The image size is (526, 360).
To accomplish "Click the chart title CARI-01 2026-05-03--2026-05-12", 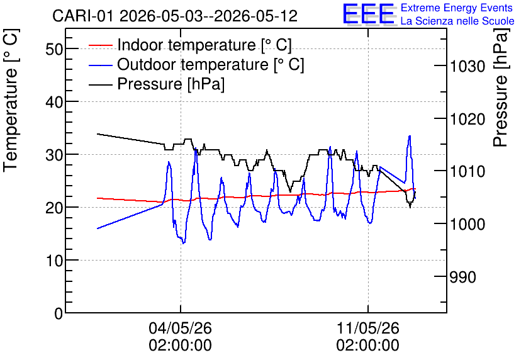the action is tap(175, 16).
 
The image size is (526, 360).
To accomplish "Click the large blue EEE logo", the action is tap(369, 14).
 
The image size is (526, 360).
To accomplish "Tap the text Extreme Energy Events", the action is tap(457, 8).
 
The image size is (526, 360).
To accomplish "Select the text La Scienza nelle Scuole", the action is tap(457, 21).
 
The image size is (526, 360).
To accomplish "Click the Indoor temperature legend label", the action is tap(204, 45).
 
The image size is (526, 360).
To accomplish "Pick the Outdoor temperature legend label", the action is tap(211, 64).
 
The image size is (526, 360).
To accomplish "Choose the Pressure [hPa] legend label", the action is tap(171, 84).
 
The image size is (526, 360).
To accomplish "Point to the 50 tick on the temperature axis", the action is tap(54, 49).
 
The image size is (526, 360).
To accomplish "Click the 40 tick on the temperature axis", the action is tap(54, 102).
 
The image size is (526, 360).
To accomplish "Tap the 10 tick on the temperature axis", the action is tap(54, 261).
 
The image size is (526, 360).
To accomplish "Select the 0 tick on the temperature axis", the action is tap(59, 313).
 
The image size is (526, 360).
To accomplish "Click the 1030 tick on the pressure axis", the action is tap(467, 66).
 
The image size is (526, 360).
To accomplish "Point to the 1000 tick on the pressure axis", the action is tap(467, 224).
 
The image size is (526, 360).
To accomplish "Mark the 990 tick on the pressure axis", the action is tap(462, 277).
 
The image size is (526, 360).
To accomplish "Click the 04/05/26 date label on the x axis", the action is tap(180, 328).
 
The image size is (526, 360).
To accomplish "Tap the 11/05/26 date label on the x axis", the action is tap(368, 328).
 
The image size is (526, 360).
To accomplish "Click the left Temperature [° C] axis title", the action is tap(11, 101).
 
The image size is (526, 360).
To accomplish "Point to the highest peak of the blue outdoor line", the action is tap(410, 135).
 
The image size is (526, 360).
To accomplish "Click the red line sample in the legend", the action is tap(100, 45).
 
